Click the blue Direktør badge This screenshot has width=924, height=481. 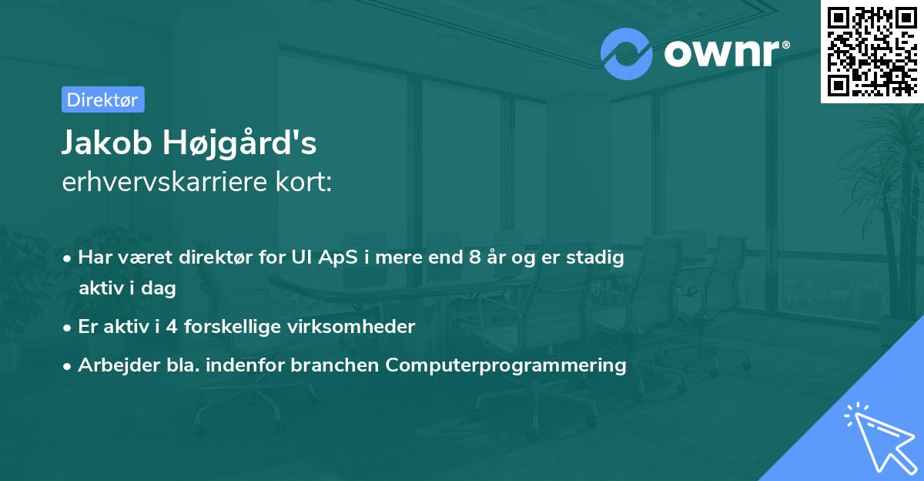[x=102, y=99]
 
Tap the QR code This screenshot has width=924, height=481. [x=872, y=51]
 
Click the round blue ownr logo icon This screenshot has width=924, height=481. [x=627, y=54]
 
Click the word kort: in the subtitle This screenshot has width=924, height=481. [x=308, y=182]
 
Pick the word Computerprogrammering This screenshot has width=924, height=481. [x=506, y=365]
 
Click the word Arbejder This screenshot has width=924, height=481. [x=112, y=365]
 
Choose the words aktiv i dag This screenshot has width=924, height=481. [x=127, y=289]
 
